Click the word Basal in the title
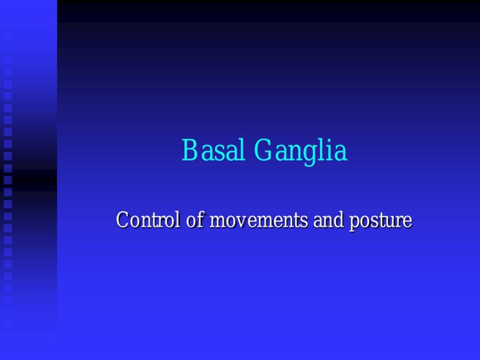[214, 150]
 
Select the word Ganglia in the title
[301, 152]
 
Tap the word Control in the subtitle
[148, 220]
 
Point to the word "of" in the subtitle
[195, 220]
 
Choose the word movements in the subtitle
[258, 220]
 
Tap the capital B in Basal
[189, 150]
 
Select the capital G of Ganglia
[264, 150]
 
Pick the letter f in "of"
[200, 220]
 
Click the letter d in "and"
[338, 220]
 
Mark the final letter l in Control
[178, 220]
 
